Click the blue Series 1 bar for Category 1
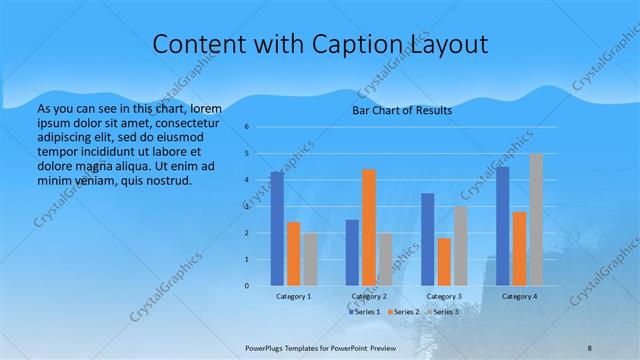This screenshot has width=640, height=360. tap(277, 229)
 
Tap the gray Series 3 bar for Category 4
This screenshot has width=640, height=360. tap(536, 220)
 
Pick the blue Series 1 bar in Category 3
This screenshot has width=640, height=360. tap(428, 240)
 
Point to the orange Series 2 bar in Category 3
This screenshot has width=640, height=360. tap(444, 262)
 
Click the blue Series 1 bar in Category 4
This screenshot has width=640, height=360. tap(503, 226)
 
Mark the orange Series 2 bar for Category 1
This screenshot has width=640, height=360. tap(293, 254)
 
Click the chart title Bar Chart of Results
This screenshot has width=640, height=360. tap(401, 110)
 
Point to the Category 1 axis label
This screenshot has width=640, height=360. tap(293, 297)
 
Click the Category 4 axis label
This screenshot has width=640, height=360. tap(519, 297)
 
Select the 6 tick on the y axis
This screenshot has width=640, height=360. tap(247, 127)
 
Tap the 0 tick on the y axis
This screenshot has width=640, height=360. tap(247, 286)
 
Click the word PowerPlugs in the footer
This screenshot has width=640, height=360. tap(264, 348)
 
